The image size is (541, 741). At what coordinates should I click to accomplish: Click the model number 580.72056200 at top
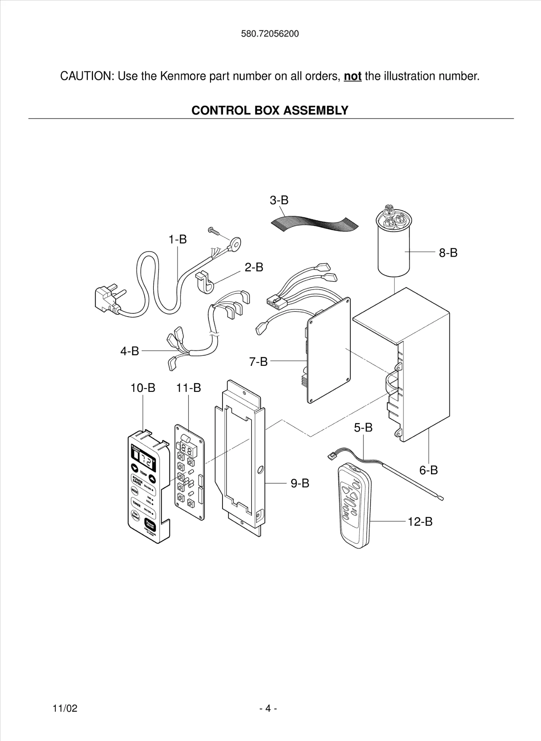(270, 34)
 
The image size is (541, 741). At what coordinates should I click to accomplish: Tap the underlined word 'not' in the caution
(352, 76)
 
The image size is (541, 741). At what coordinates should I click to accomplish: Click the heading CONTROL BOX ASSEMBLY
(270, 110)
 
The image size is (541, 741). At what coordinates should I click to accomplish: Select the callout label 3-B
(279, 200)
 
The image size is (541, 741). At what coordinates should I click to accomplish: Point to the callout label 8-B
(448, 253)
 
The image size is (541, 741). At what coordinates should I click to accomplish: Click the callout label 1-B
(178, 239)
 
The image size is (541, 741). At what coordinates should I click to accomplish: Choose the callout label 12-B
(420, 522)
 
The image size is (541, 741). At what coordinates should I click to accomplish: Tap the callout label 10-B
(143, 388)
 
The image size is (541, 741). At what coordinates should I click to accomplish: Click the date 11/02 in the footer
(65, 708)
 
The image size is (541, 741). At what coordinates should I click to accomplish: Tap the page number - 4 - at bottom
(268, 708)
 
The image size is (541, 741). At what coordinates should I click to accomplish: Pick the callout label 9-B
(300, 483)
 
